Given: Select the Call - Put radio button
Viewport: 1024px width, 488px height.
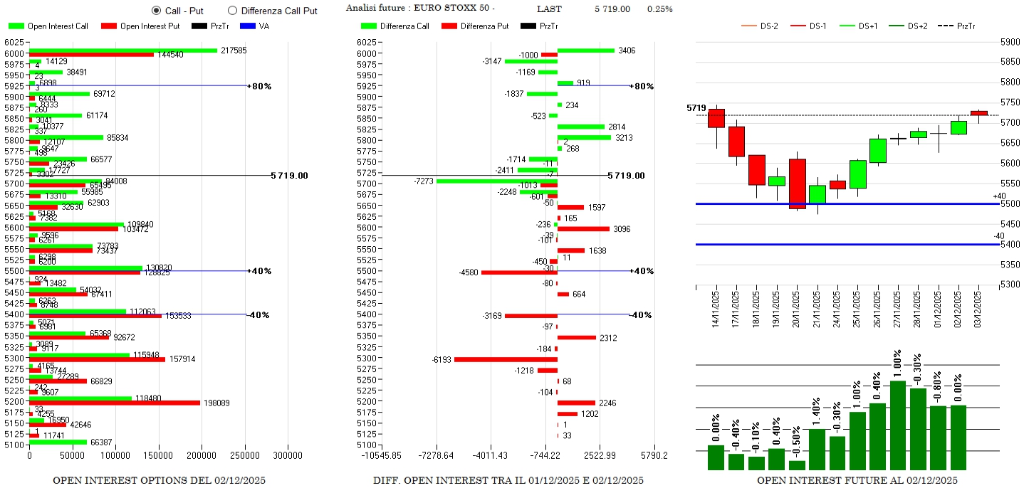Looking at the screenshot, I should (x=156, y=10).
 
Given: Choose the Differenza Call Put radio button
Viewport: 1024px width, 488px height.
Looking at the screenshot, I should (x=232, y=10).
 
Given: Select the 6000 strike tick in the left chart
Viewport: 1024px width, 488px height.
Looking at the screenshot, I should (x=14, y=53).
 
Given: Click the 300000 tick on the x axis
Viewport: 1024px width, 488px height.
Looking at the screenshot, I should (x=288, y=455).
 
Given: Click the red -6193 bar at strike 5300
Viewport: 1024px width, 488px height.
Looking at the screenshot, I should (x=506, y=359).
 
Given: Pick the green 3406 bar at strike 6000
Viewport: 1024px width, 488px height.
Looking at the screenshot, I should (x=585, y=51).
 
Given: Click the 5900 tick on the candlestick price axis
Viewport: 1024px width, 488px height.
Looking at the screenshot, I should (x=1010, y=42).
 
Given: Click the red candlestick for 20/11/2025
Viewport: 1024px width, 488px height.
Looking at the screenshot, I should (x=798, y=184).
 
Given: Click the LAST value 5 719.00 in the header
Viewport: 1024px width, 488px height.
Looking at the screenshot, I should (x=612, y=9).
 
